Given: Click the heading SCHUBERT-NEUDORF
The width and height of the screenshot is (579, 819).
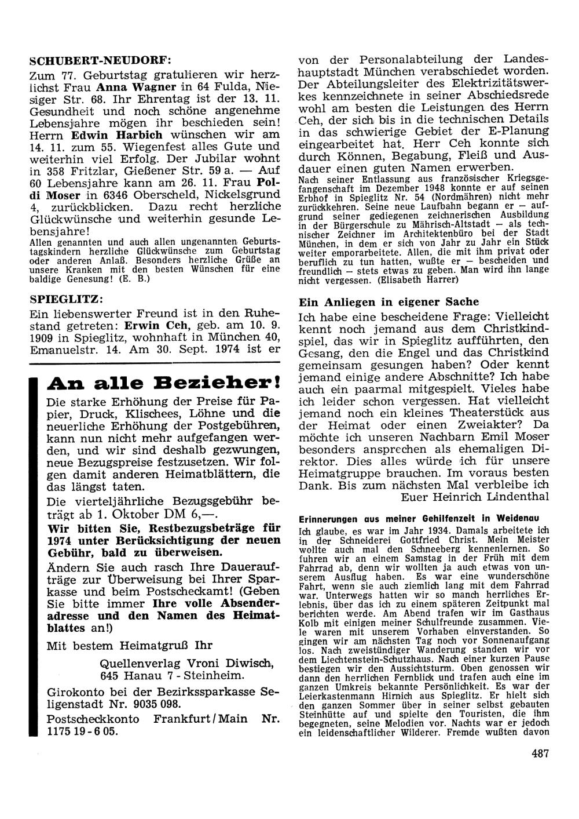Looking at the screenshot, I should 100,60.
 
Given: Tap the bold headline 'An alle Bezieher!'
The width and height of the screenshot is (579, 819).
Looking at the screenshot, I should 163,384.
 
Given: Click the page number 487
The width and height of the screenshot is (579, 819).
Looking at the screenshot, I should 538,754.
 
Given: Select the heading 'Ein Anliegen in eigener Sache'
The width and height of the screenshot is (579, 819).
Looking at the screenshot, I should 389,301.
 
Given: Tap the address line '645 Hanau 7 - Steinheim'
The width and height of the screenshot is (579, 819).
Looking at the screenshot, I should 172,675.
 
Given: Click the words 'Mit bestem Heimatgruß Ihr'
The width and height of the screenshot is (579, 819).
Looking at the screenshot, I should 130,645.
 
